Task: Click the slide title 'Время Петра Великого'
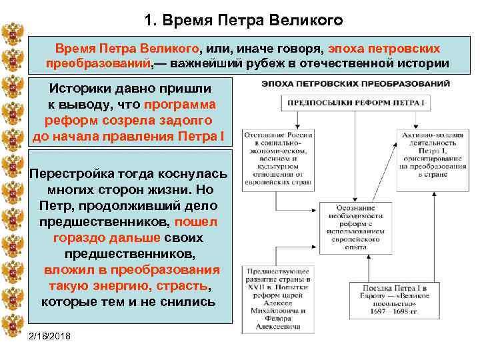click(242, 20)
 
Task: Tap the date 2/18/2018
click(53, 335)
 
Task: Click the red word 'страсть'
click(181, 286)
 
